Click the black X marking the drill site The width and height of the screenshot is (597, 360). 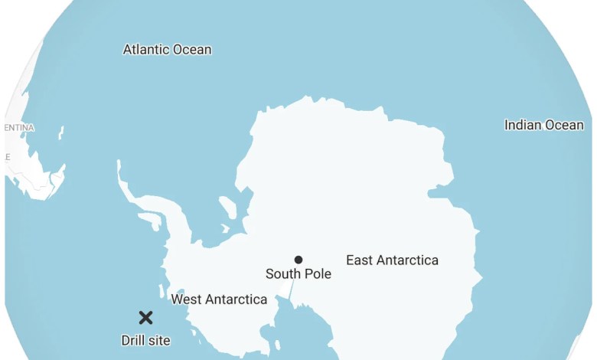click(x=145, y=317)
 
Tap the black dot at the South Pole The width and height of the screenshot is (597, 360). click(x=298, y=260)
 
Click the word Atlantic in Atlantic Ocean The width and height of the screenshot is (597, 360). click(x=145, y=50)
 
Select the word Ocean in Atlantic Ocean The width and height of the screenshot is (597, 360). click(x=191, y=50)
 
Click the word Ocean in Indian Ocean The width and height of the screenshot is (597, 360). click(x=565, y=125)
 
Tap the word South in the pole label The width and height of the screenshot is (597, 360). click(x=282, y=273)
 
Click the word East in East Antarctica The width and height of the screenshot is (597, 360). click(x=360, y=260)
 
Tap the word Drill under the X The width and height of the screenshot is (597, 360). click(x=133, y=340)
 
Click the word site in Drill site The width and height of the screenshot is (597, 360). click(x=160, y=340)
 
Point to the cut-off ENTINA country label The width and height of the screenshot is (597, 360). click(x=19, y=127)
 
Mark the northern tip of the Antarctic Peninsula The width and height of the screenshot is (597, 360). click(x=119, y=163)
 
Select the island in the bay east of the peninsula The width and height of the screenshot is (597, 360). click(x=228, y=207)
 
